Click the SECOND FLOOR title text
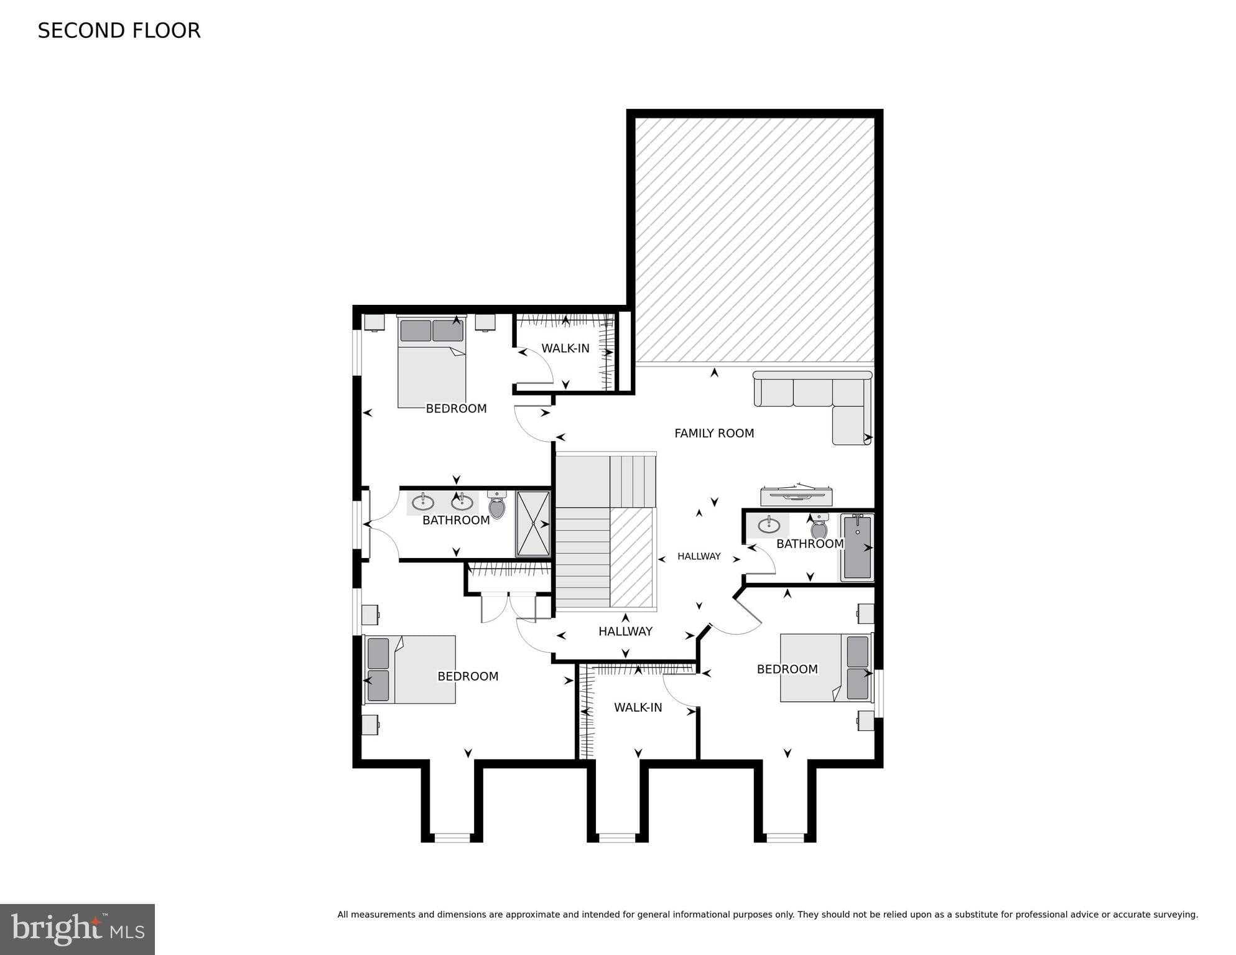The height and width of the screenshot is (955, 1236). coord(119,31)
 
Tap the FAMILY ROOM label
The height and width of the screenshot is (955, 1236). coord(713,433)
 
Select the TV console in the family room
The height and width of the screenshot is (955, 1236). coord(796,495)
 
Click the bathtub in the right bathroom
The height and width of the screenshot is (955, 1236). coord(857,547)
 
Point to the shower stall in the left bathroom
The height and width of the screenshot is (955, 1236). coord(533,523)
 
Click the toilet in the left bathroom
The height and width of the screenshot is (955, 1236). coord(496,505)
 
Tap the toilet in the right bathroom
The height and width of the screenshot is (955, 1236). coord(819,528)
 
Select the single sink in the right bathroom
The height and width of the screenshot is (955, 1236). coord(769,525)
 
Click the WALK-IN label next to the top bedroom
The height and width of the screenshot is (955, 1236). coord(565,348)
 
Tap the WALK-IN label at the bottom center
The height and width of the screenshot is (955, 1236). coord(638,707)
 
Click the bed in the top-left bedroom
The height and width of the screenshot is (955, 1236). coord(432,367)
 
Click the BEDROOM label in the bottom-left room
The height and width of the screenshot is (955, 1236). coord(468,676)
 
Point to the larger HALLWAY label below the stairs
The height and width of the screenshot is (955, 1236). coord(625,631)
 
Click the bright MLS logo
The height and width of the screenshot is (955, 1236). coord(77,929)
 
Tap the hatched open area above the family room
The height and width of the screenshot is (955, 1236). coord(754,240)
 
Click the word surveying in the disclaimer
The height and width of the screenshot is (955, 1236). coord(1176,915)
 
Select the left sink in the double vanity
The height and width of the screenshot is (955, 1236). coord(423,501)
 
